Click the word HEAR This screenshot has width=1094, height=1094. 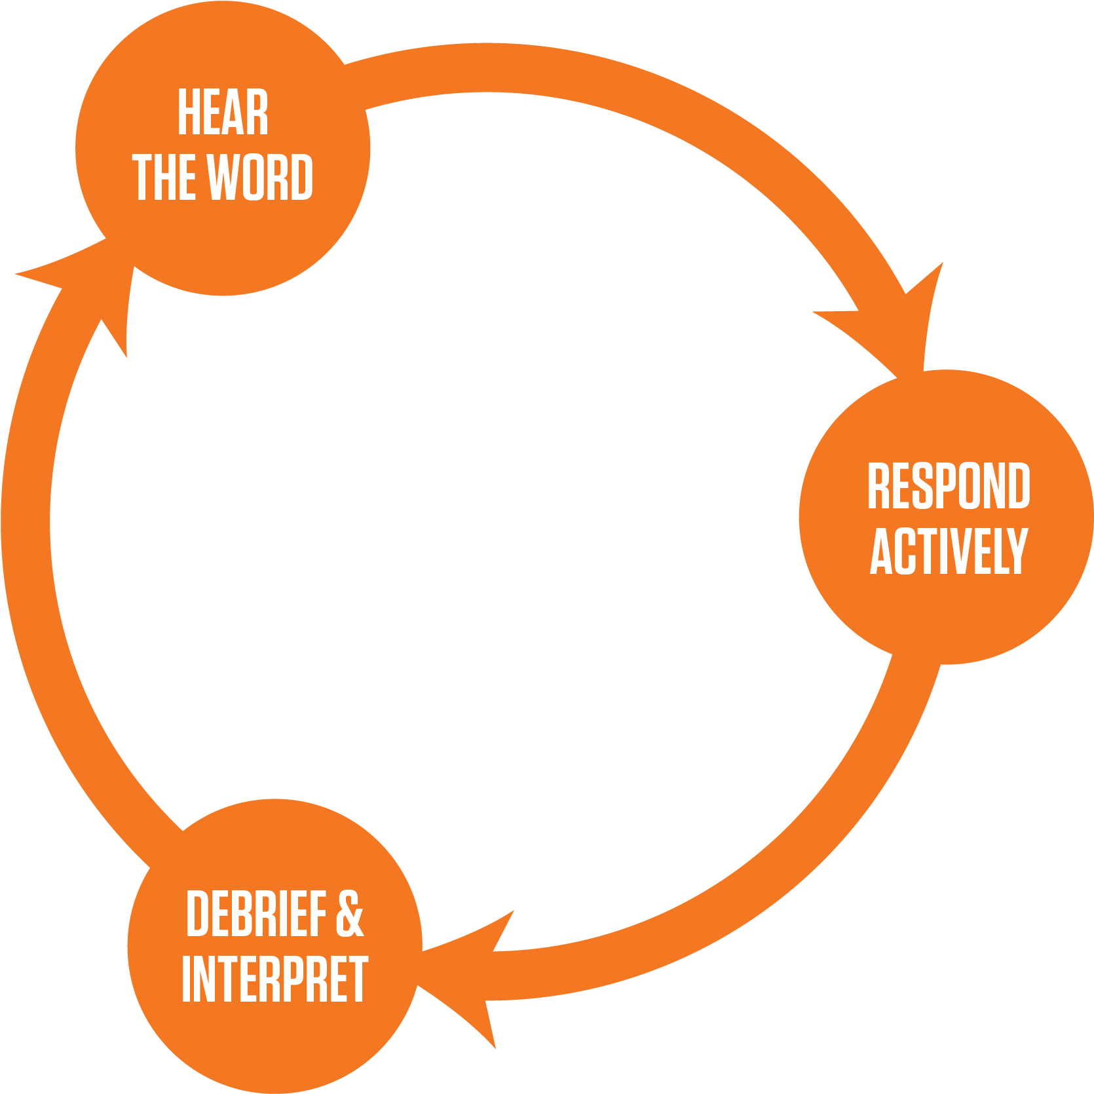(x=223, y=113)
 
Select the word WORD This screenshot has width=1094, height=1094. (x=259, y=177)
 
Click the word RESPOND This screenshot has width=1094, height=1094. (x=948, y=485)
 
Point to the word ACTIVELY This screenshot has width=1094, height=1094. (x=948, y=551)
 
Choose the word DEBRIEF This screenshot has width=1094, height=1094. (x=256, y=914)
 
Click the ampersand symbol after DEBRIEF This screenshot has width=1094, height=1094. (x=350, y=914)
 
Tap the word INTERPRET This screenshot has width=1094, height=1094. (x=274, y=979)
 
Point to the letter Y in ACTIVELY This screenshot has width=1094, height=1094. (x=1016, y=551)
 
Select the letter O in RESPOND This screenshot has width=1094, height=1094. (x=972, y=485)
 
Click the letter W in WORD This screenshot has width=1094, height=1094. (x=222, y=177)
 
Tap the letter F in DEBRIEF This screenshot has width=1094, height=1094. (x=318, y=914)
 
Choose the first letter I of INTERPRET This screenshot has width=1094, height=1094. (x=187, y=979)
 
